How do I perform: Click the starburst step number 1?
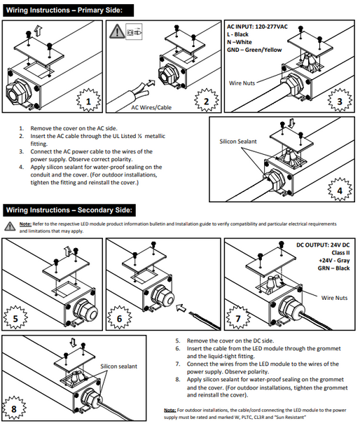tap(88, 100)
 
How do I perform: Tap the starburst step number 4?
tap(340, 190)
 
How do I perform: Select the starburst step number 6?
tap(119, 317)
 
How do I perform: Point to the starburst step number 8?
tap(14, 408)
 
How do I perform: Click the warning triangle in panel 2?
tap(117, 31)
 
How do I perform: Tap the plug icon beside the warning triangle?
tap(134, 32)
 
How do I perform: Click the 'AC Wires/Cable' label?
tap(151, 108)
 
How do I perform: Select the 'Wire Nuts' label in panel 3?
tap(242, 83)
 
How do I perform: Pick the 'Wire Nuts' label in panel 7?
tap(334, 298)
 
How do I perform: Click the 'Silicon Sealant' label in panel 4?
tap(238, 142)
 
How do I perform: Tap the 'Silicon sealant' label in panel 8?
tap(118, 366)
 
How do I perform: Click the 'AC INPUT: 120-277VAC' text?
tap(257, 27)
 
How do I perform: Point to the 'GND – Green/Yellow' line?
tap(254, 50)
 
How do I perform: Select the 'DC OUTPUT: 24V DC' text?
tap(323, 245)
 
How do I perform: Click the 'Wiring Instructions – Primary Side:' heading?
tap(64, 11)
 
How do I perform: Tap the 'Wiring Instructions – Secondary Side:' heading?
tap(69, 210)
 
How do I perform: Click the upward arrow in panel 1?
tap(39, 31)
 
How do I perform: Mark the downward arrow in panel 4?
tap(291, 123)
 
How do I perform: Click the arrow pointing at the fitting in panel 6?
tap(181, 308)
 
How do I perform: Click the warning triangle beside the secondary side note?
tap(10, 226)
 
